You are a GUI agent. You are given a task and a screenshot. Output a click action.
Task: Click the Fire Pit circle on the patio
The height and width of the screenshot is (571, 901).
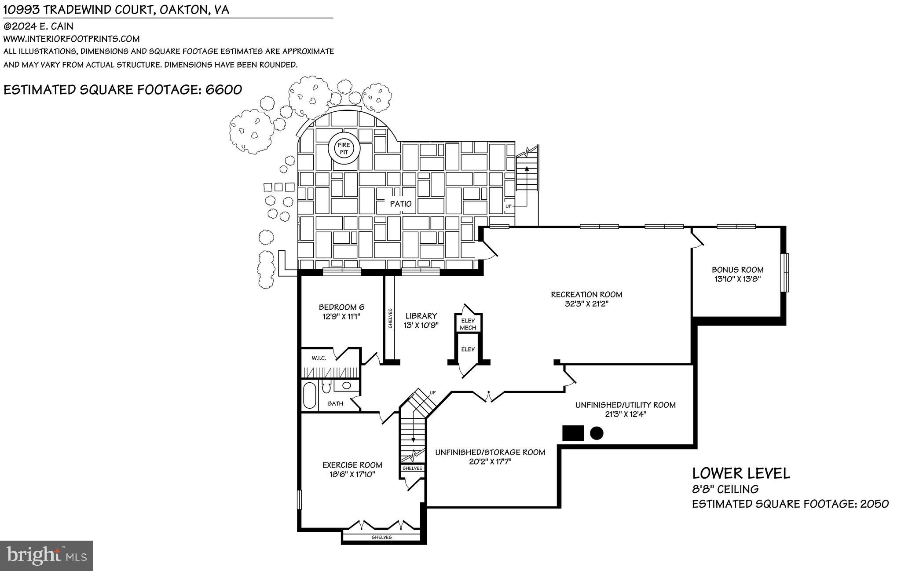[344, 149]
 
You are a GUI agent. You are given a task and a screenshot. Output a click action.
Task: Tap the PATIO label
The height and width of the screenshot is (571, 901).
[400, 204]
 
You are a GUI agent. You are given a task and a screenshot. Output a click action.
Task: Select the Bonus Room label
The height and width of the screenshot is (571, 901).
[737, 270]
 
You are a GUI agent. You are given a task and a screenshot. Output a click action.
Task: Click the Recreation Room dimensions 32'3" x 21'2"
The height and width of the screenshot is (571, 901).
[586, 304]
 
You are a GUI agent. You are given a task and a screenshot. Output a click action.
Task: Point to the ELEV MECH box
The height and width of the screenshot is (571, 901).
[468, 324]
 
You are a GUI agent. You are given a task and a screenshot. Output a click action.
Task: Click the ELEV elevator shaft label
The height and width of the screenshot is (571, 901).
[468, 349]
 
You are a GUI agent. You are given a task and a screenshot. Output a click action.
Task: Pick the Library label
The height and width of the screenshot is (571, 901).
[421, 316]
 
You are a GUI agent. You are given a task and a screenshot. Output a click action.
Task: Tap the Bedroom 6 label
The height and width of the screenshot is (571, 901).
[341, 307]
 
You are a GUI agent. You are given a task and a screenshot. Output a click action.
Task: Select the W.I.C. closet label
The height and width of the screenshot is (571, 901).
[319, 358]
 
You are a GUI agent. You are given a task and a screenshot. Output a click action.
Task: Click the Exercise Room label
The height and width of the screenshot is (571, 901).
[352, 465]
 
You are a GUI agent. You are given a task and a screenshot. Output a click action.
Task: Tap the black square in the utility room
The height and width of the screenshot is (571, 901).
[573, 433]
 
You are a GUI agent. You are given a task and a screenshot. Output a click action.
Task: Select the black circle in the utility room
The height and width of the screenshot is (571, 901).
[596, 433]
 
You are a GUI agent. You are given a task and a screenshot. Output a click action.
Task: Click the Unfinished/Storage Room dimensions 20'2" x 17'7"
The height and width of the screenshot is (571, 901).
[490, 461]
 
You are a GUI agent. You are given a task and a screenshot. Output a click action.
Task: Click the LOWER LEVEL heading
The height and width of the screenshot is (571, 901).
[741, 473]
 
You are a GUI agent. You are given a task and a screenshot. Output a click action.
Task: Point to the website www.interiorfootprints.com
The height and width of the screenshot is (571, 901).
[71, 39]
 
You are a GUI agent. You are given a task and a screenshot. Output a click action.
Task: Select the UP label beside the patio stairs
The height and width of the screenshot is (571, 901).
[509, 206]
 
